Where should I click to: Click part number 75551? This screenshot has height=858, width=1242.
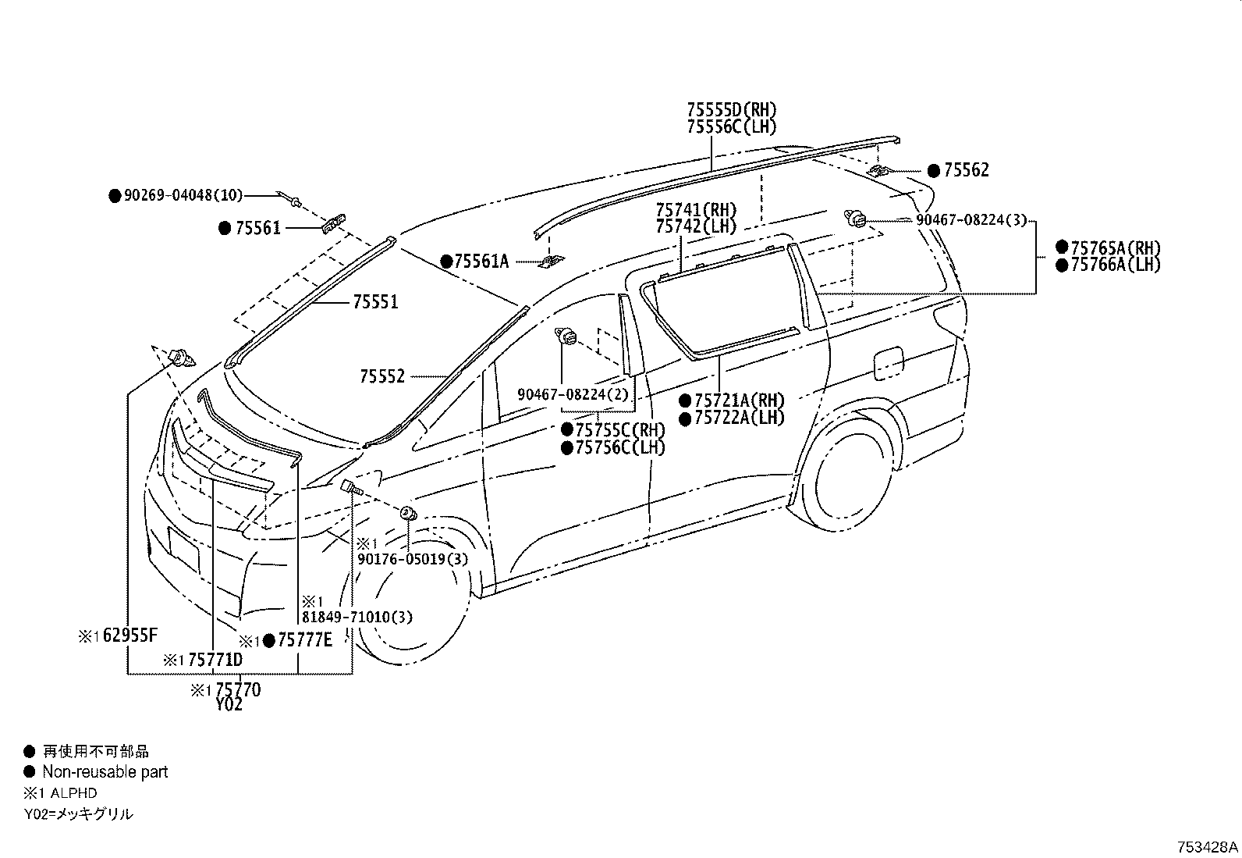tap(374, 302)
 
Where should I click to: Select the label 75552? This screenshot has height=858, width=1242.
tap(382, 377)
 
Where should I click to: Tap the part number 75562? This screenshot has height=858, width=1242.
tap(966, 170)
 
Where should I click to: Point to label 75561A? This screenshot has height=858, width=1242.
tap(481, 262)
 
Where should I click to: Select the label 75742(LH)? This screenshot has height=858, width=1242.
tap(696, 226)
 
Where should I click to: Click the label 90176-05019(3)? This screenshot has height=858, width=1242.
tap(413, 559)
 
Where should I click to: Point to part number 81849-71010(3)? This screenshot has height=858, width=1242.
tap(358, 617)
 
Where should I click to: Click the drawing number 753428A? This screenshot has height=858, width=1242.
tap(1208, 847)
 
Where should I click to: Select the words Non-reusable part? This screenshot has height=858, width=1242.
tap(105, 772)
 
